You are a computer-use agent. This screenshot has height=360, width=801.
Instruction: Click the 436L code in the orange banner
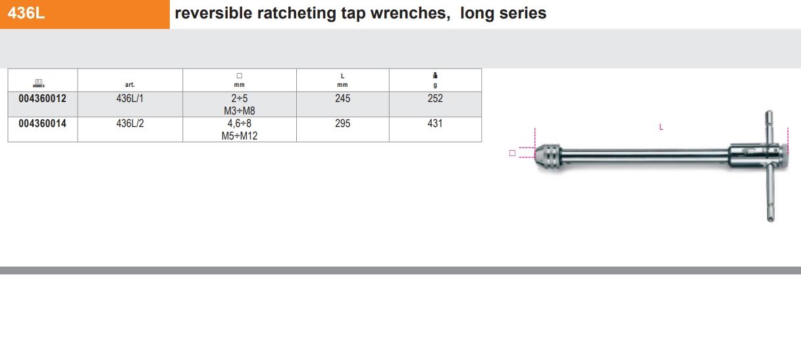click(x=26, y=13)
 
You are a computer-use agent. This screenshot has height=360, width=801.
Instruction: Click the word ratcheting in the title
click(x=296, y=14)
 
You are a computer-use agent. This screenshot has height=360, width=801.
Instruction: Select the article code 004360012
click(x=42, y=98)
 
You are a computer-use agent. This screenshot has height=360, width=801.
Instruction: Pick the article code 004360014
click(x=42, y=123)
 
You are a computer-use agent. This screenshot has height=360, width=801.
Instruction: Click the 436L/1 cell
click(x=130, y=98)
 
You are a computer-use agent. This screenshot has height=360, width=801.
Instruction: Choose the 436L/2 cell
click(x=130, y=123)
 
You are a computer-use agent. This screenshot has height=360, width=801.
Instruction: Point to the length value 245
click(x=342, y=98)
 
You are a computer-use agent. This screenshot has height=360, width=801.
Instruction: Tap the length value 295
click(x=342, y=123)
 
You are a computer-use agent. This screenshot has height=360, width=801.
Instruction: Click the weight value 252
click(x=435, y=98)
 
